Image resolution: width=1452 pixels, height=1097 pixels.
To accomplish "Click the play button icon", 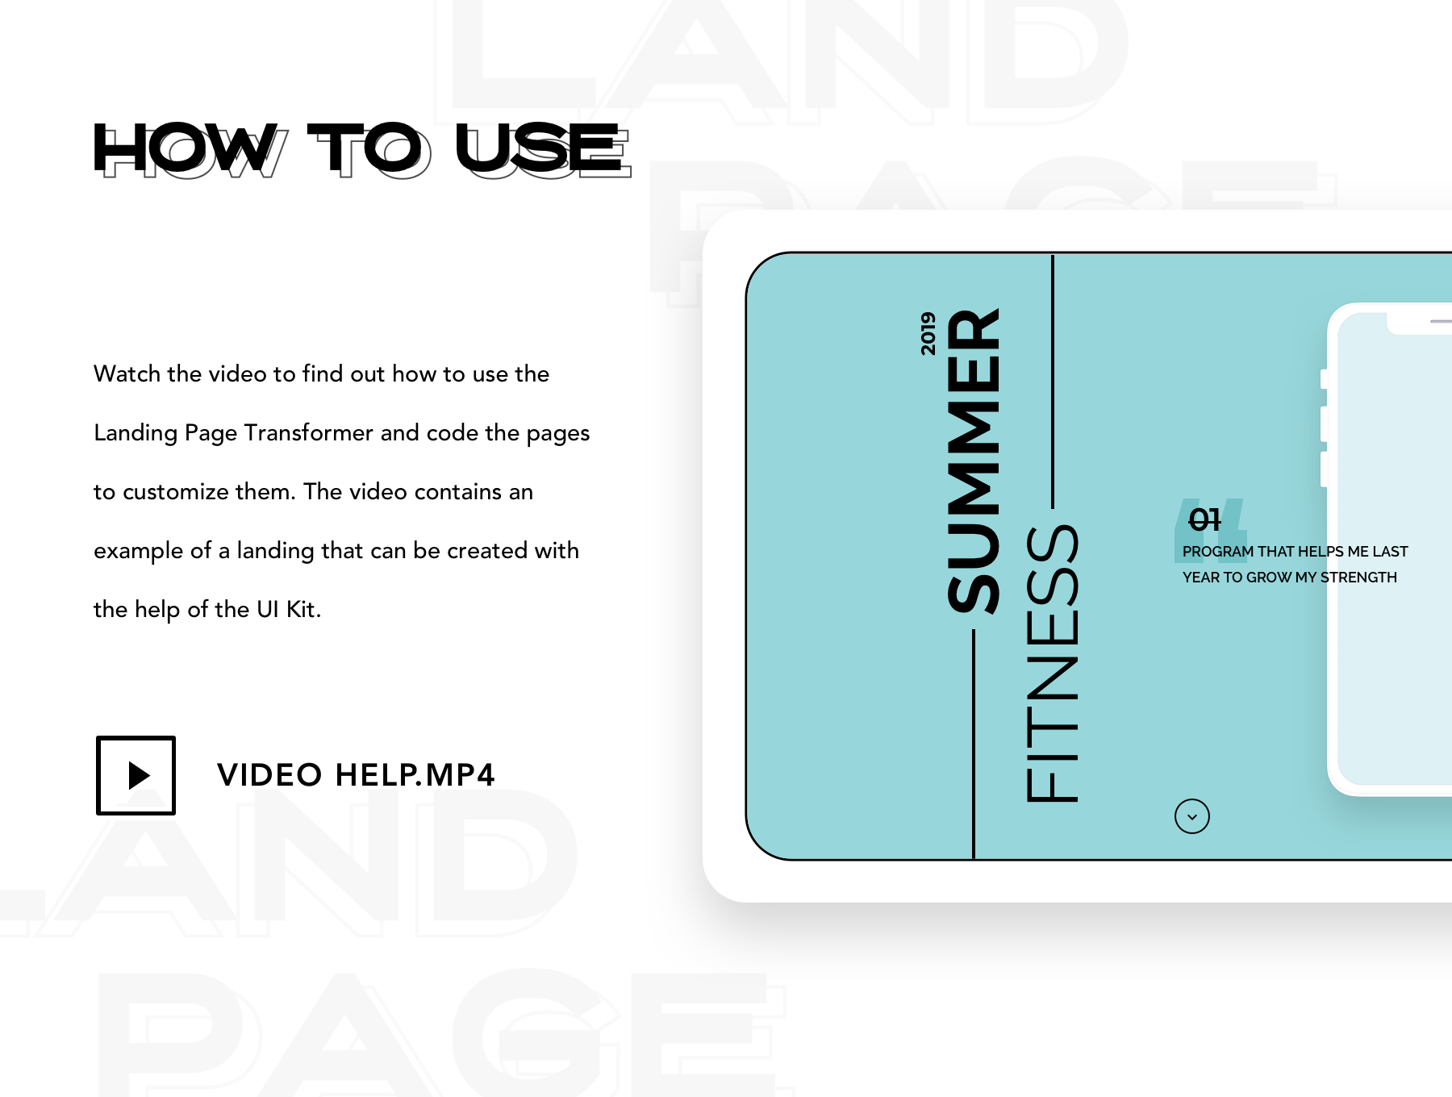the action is tap(136, 775).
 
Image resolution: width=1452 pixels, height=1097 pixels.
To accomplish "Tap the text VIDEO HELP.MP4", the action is tap(356, 775).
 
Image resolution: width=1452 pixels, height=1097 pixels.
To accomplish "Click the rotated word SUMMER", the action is tap(974, 461).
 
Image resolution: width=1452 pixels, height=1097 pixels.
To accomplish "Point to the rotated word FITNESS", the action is tap(1052, 664).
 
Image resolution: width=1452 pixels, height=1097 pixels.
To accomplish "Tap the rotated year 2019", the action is tap(928, 333).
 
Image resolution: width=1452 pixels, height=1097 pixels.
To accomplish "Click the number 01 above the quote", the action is tap(1204, 519).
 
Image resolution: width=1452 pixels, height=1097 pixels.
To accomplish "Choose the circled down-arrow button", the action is tap(1192, 816).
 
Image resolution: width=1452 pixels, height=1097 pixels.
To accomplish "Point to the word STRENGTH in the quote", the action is tap(1358, 578).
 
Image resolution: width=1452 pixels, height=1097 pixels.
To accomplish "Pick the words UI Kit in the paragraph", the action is tap(289, 609).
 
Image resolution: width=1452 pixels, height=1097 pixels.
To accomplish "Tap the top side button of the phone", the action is tap(1324, 378).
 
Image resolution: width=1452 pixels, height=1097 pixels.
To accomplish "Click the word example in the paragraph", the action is tap(139, 551).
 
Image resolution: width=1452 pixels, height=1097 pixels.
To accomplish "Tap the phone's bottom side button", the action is tap(1324, 469).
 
